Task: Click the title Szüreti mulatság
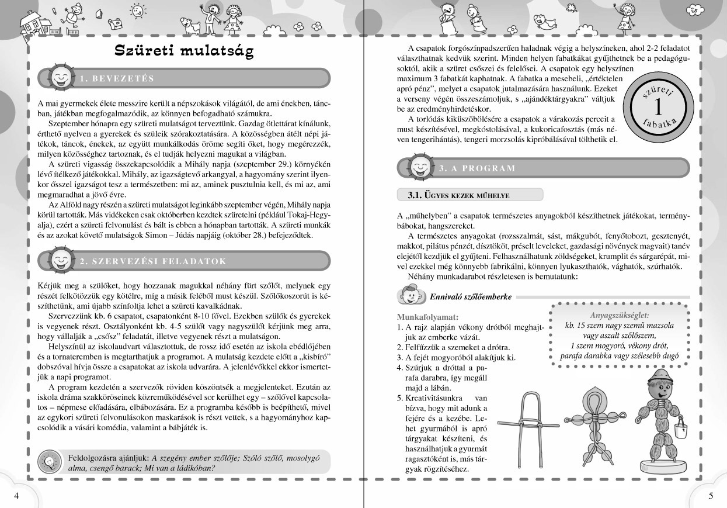[x=184, y=51]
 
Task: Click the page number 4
[x=16, y=496]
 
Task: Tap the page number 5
[x=711, y=496]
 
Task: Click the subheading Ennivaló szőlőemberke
[x=470, y=297]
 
